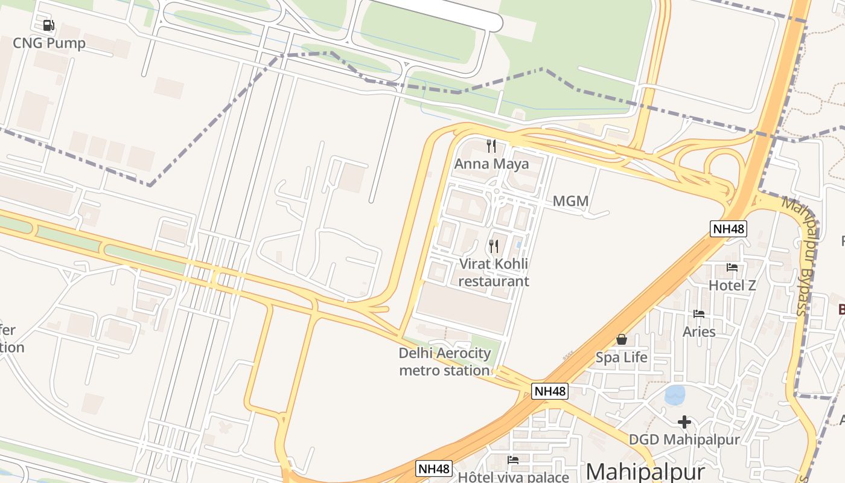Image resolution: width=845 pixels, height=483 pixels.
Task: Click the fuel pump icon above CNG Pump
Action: point(49,25)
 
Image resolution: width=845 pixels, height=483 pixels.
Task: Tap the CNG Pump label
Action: point(49,43)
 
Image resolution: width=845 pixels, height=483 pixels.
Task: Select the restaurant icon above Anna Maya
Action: point(491,146)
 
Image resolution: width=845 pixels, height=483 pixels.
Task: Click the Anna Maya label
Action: point(491,164)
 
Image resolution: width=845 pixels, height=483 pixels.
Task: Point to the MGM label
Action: point(570,201)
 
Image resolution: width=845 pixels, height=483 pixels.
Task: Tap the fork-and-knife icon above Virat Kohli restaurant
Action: point(494,246)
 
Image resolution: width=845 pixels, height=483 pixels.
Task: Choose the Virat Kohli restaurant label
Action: point(494,272)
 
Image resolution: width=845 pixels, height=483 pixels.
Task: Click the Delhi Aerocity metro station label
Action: point(445,362)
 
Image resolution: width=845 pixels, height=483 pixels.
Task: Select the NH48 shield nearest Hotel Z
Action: point(729,229)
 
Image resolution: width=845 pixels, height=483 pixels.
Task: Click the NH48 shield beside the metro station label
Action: point(550,391)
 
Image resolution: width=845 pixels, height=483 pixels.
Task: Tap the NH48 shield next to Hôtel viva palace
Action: point(434,469)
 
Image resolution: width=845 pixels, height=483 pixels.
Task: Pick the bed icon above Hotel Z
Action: point(732,267)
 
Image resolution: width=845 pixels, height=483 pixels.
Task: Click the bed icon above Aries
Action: point(699,314)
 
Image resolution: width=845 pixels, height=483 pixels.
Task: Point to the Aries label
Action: point(699,331)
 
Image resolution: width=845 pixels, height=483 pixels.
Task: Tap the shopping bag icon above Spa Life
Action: point(621,339)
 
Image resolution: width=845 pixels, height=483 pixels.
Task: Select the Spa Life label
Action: point(621,357)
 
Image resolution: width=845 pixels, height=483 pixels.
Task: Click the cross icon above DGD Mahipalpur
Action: point(684,421)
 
